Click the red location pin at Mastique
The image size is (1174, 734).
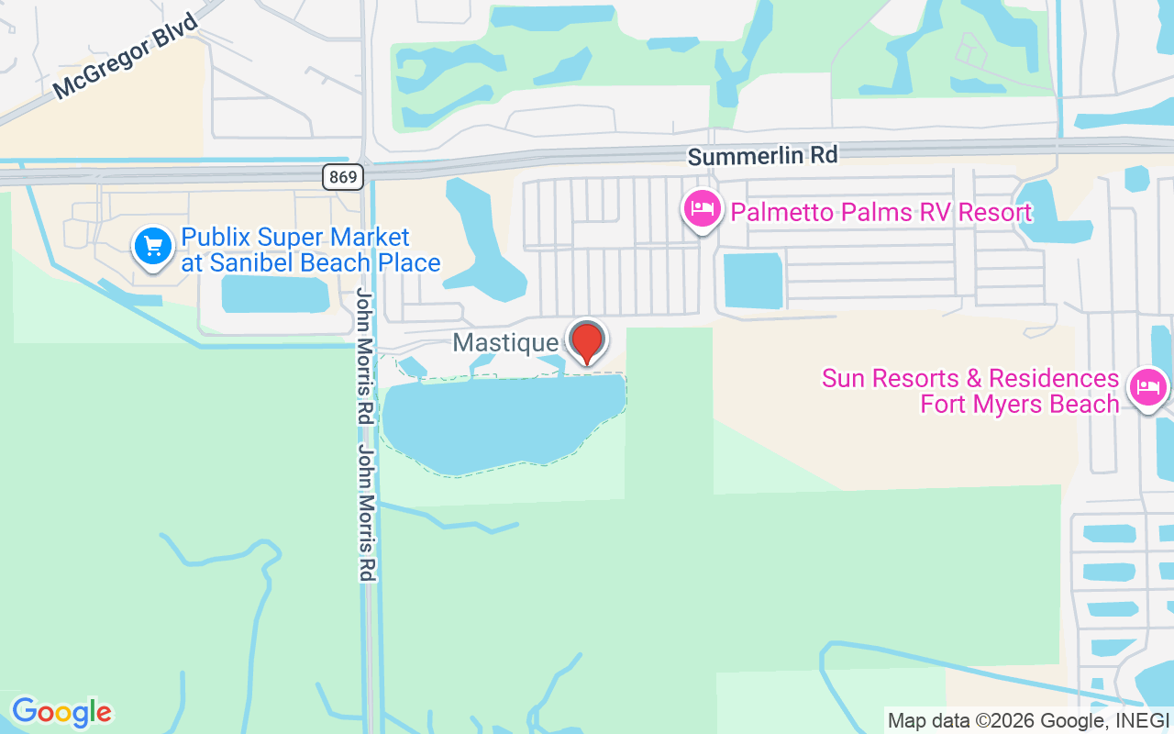[587, 341]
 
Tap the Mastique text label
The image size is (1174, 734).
[505, 343]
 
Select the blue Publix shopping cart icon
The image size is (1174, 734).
[153, 246]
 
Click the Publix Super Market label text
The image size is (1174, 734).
[294, 238]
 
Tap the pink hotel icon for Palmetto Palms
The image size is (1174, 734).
[703, 209]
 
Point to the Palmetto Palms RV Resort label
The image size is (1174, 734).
[880, 213]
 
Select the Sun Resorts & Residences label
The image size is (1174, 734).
[969, 378]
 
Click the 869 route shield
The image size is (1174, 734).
[342, 176]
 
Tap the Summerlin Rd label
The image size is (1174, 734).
[762, 156]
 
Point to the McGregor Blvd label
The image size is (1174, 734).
[126, 57]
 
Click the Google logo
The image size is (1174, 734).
[61, 712]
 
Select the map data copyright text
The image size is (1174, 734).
[1028, 720]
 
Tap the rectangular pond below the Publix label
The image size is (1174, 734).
[275, 294]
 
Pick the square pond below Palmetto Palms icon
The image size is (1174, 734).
[753, 280]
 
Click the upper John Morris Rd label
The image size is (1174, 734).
[365, 356]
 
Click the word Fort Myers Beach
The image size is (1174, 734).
[1020, 404]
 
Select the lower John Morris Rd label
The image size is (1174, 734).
[366, 513]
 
